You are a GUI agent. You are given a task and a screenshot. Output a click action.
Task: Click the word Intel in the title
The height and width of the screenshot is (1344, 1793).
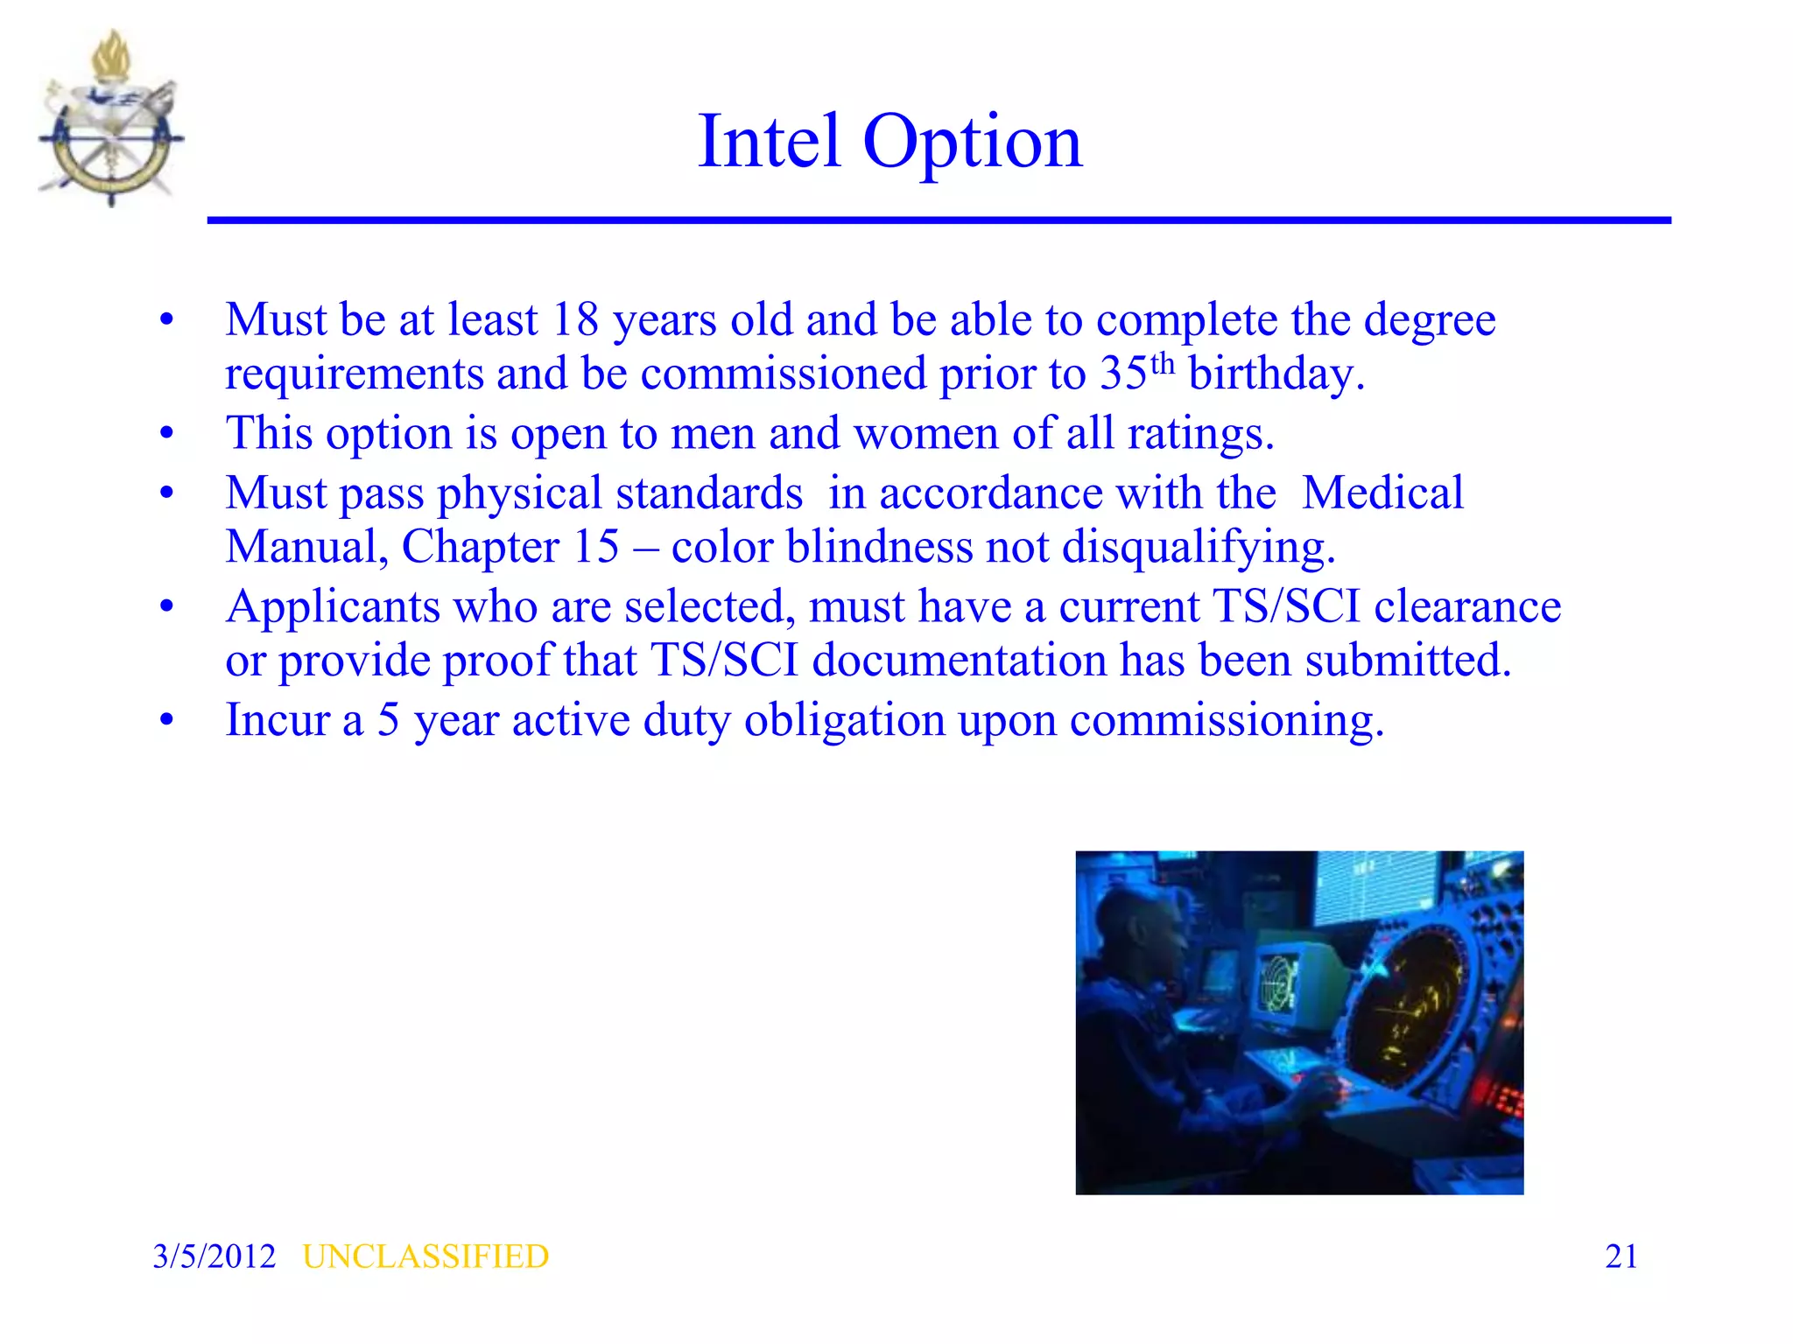[x=770, y=142]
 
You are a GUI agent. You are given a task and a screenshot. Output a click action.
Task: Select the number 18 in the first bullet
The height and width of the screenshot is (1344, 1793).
[x=574, y=319]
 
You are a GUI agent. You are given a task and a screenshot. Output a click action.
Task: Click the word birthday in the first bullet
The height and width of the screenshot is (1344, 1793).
[x=1276, y=374]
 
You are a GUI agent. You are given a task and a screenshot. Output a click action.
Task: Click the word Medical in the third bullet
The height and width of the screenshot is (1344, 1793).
[x=1382, y=493]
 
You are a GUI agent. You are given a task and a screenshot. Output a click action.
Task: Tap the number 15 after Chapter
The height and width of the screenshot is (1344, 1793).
[x=595, y=547]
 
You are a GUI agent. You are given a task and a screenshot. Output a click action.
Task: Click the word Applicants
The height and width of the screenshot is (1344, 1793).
[x=333, y=607]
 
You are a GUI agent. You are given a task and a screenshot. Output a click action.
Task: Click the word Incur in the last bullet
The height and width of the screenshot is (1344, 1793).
[x=278, y=720]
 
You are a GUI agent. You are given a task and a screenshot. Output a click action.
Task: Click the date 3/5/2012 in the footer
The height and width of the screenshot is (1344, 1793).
[x=214, y=1256]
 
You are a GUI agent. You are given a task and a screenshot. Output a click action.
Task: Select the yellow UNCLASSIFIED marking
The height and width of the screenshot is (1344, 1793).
[x=425, y=1256]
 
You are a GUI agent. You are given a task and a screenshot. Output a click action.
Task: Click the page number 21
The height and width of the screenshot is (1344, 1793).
[x=1621, y=1256]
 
